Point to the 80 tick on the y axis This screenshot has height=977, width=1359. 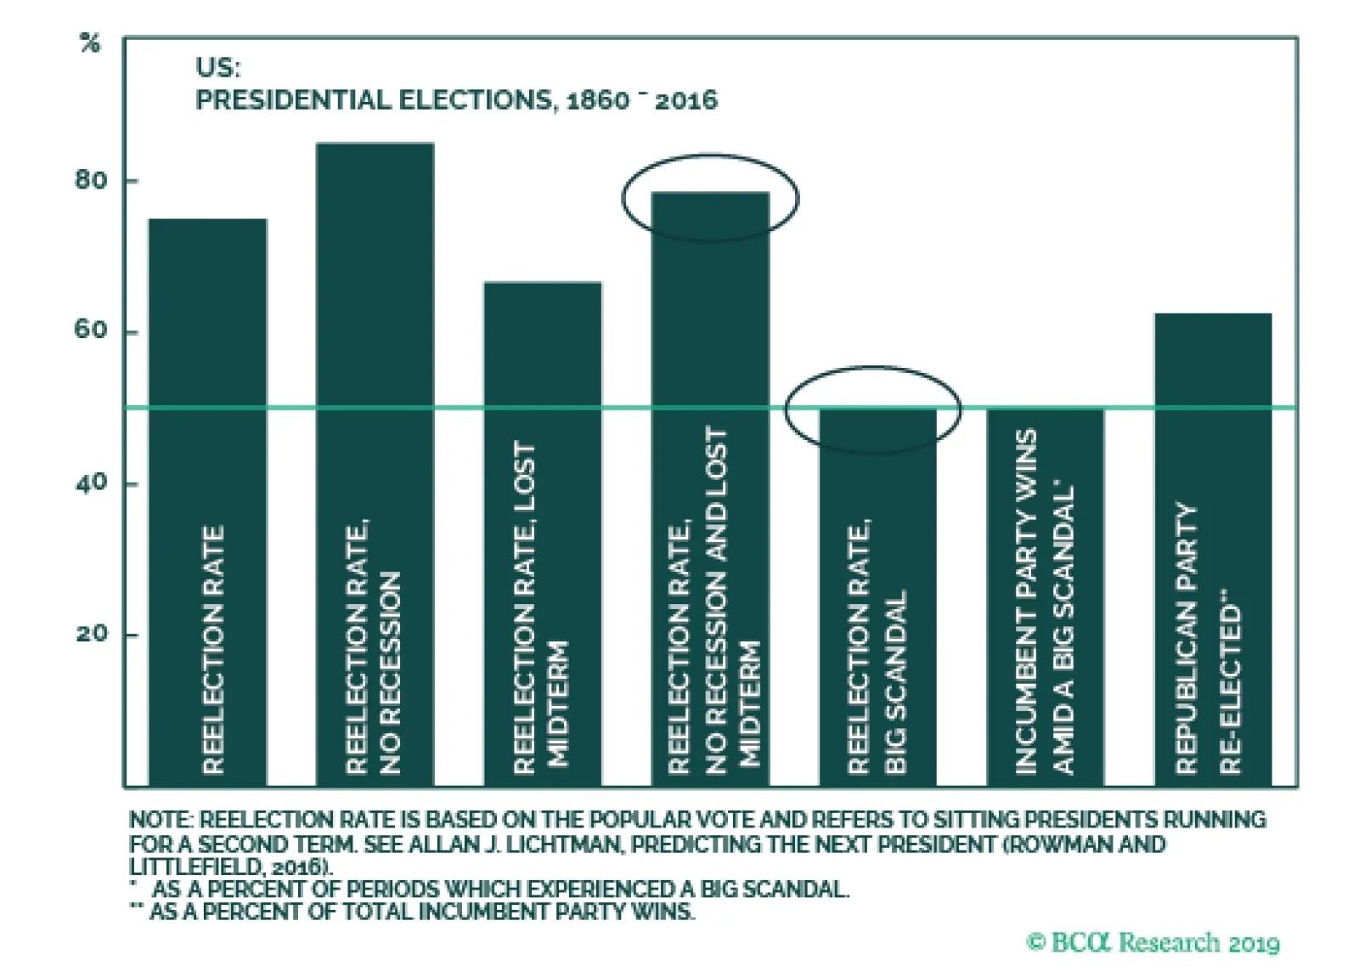click(x=91, y=180)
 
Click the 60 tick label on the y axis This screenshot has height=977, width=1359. click(x=91, y=330)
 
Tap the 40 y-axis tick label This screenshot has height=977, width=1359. click(x=91, y=483)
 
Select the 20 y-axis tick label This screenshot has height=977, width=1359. click(x=91, y=634)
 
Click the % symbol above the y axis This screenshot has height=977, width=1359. click(x=90, y=43)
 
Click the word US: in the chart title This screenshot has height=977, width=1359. click(x=217, y=68)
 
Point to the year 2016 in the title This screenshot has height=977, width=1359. click(x=685, y=101)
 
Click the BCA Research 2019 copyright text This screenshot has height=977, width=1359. click(x=1153, y=942)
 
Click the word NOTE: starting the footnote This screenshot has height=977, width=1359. click(x=161, y=820)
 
